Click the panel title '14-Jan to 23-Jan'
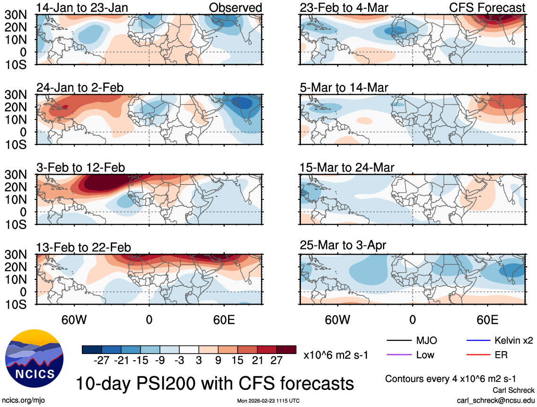82,8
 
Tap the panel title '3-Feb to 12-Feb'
81,168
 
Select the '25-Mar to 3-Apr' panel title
343,245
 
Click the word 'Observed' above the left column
236,8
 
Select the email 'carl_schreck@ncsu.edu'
495,400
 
